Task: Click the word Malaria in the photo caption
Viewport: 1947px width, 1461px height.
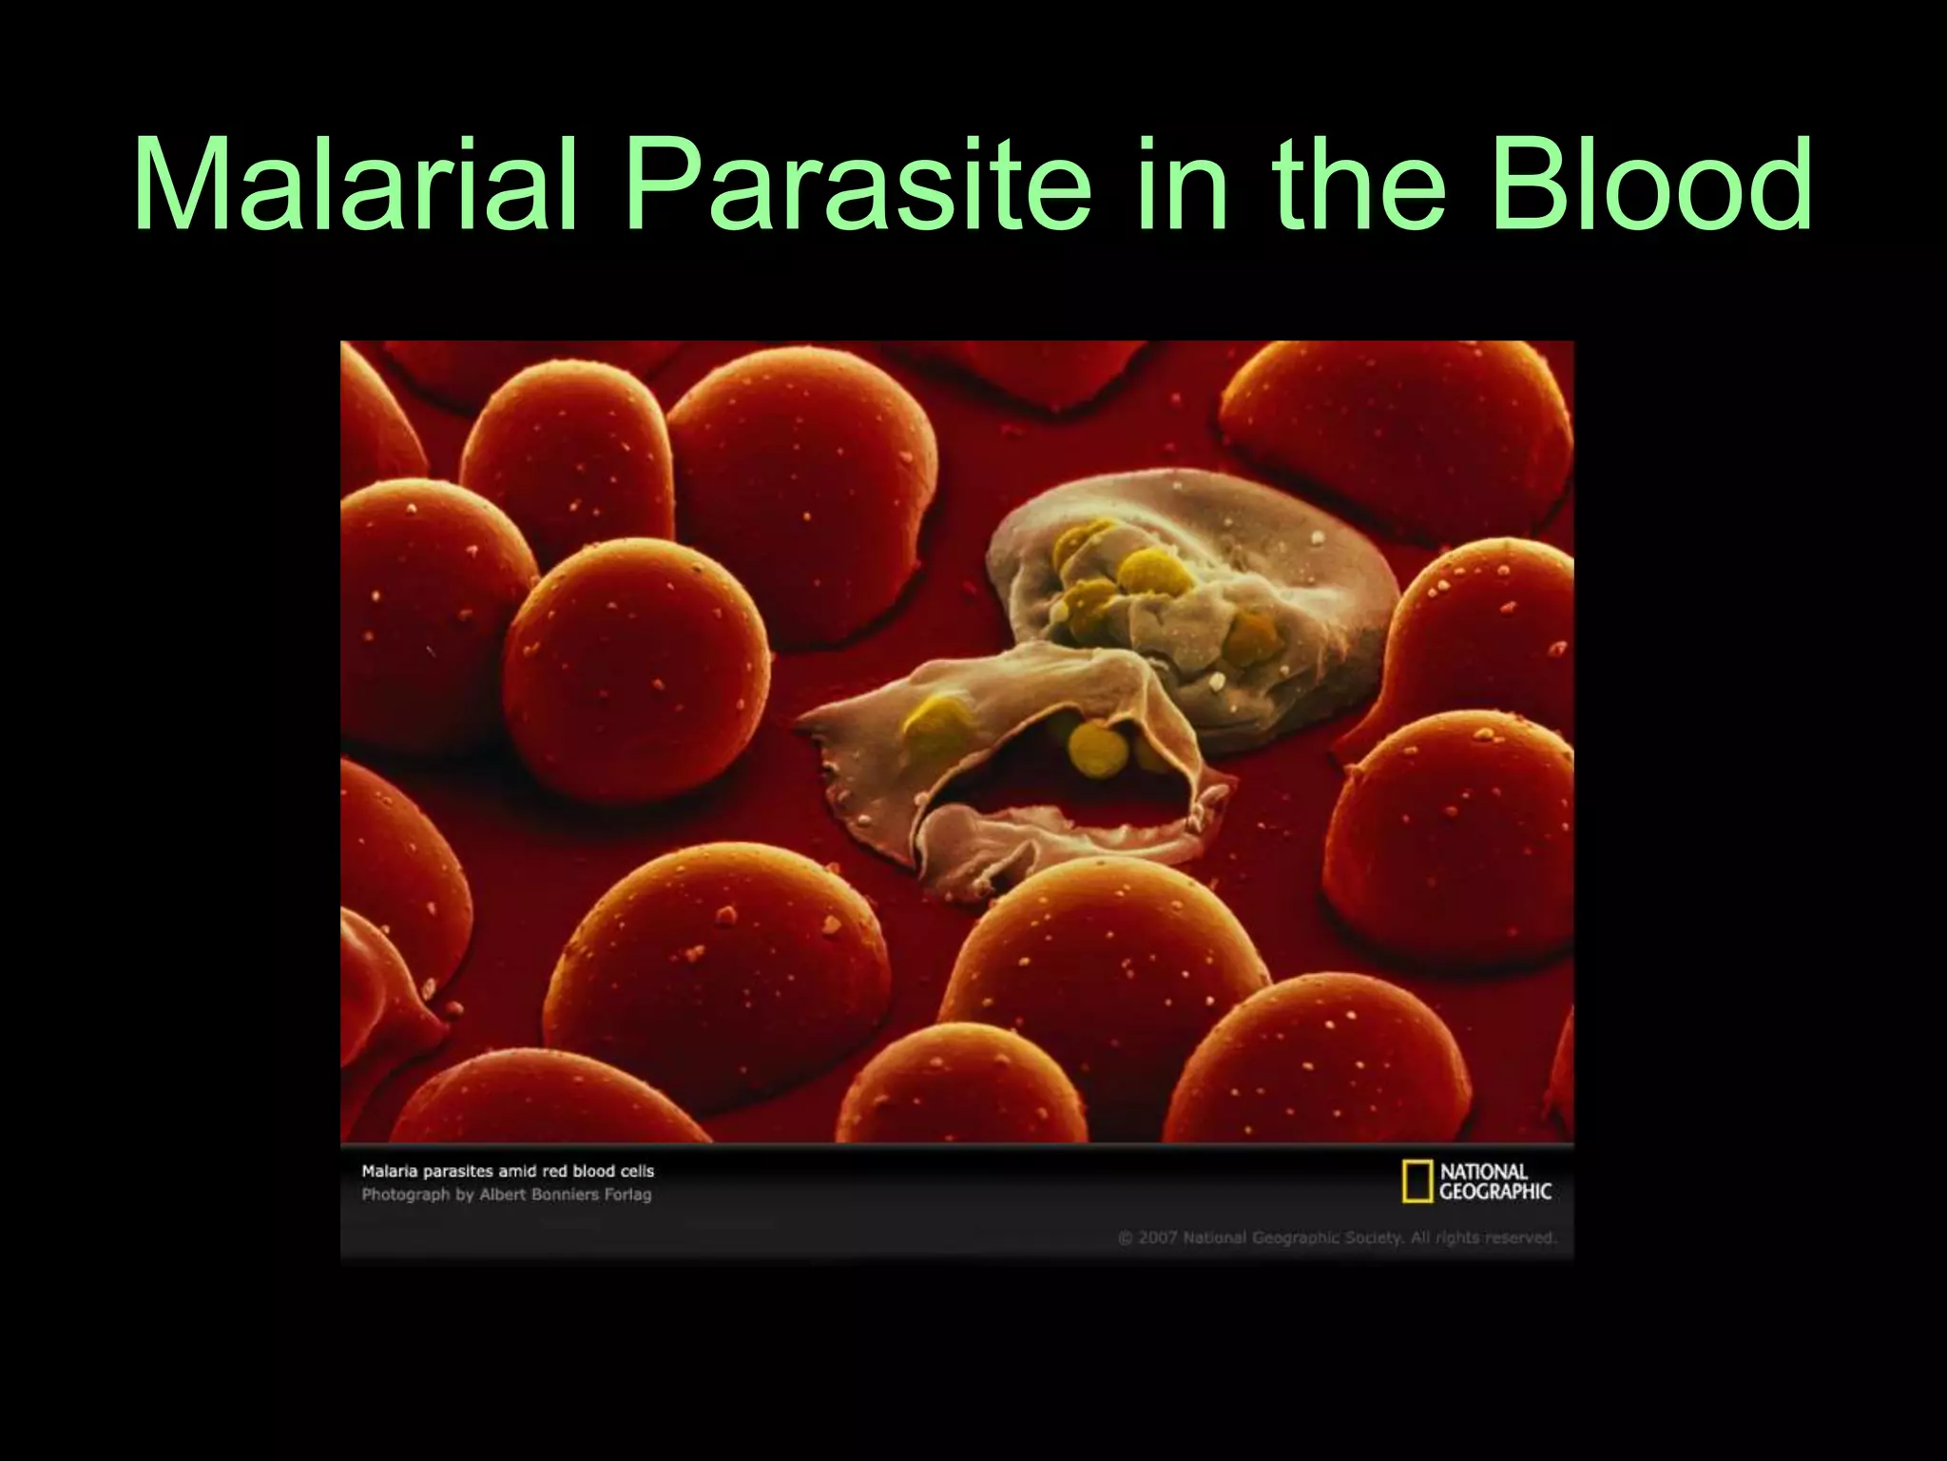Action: pyautogui.click(x=391, y=1172)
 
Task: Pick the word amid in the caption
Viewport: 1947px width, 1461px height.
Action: pyautogui.click(x=518, y=1172)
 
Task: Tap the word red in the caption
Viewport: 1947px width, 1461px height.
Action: pyautogui.click(x=554, y=1172)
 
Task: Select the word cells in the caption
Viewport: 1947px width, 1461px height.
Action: pyautogui.click(x=635, y=1172)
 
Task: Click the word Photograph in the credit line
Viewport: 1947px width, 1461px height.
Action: pyautogui.click(x=406, y=1195)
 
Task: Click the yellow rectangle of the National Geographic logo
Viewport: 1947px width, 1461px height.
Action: pyautogui.click(x=1417, y=1181)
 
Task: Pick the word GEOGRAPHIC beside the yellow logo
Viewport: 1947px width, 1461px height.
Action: pyautogui.click(x=1495, y=1191)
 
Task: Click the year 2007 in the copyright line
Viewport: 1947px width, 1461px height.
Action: pyautogui.click(x=1158, y=1237)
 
